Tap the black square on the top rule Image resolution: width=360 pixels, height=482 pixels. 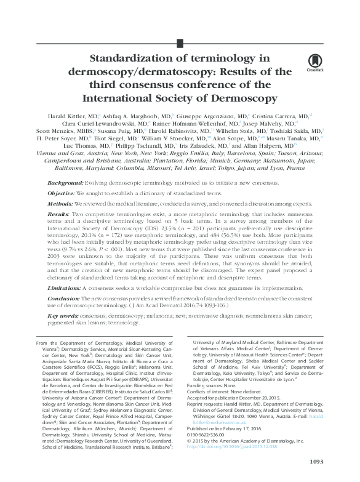pyautogui.click(x=180, y=42)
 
